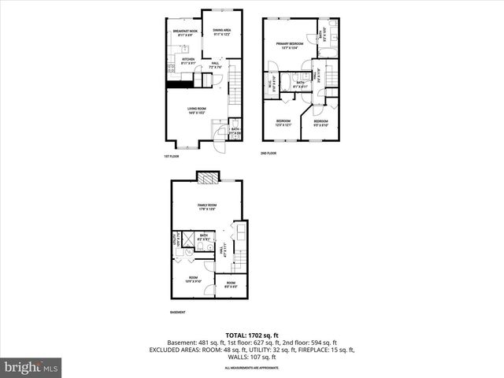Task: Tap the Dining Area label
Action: click(221, 32)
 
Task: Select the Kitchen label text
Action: click(187, 61)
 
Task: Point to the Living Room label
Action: click(197, 111)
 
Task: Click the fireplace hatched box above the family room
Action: click(206, 179)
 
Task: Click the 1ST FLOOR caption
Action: click(171, 156)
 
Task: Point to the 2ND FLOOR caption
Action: click(269, 153)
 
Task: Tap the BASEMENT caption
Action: click(178, 313)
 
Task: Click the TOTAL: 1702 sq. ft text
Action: click(252, 335)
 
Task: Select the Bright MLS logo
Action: click(31, 366)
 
